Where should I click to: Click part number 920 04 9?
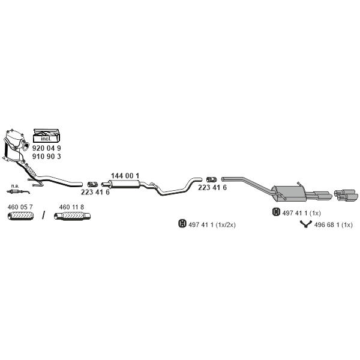point(47,148)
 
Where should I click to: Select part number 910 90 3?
point(47,157)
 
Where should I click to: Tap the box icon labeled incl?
point(47,136)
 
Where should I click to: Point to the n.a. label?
point(15,186)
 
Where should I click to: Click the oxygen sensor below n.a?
point(18,192)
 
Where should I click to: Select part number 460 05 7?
point(20,207)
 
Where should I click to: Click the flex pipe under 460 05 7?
point(20,216)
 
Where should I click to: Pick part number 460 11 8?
point(71,207)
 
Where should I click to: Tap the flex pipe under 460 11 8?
point(72,216)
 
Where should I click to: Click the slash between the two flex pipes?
point(43,215)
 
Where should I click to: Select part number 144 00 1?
point(125,176)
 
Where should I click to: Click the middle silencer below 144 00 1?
point(125,184)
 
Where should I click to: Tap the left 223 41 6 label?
point(95,192)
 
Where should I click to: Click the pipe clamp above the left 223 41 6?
point(93,184)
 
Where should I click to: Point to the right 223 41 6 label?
point(212,188)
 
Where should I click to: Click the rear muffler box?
point(288,194)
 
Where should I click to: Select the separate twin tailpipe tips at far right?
point(346,195)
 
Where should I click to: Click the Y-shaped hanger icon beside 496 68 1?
point(305,224)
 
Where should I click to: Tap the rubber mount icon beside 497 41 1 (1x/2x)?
point(182,224)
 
